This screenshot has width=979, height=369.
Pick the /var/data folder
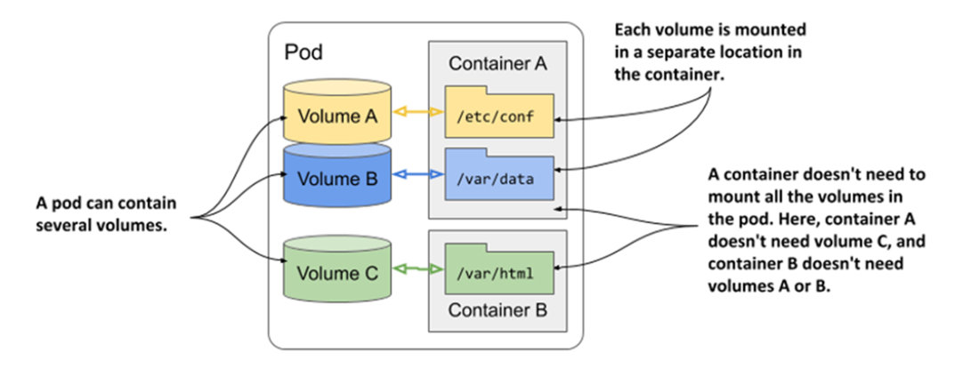click(499, 178)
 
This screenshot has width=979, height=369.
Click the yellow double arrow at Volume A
click(417, 113)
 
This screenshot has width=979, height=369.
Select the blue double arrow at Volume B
click(417, 176)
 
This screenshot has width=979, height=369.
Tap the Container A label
click(498, 64)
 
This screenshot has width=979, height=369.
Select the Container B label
click(498, 311)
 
